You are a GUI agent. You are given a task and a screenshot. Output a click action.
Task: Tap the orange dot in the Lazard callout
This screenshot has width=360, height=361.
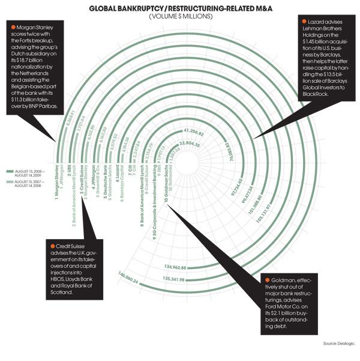click(302, 21)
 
